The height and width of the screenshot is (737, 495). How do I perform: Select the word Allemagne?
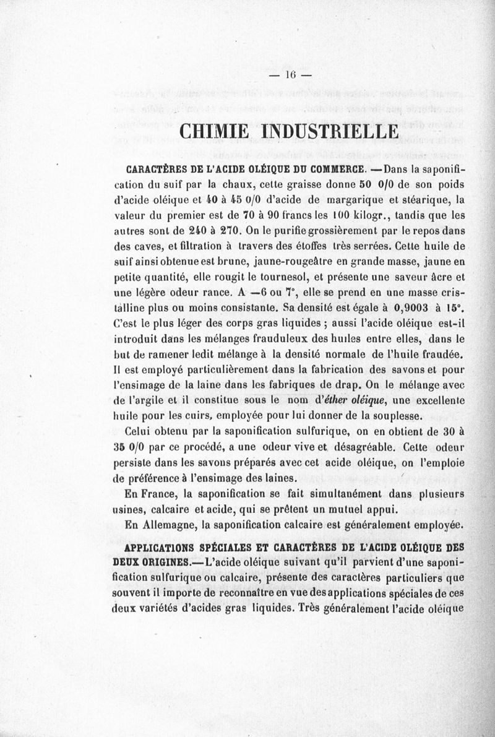pyautogui.click(x=170, y=524)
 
